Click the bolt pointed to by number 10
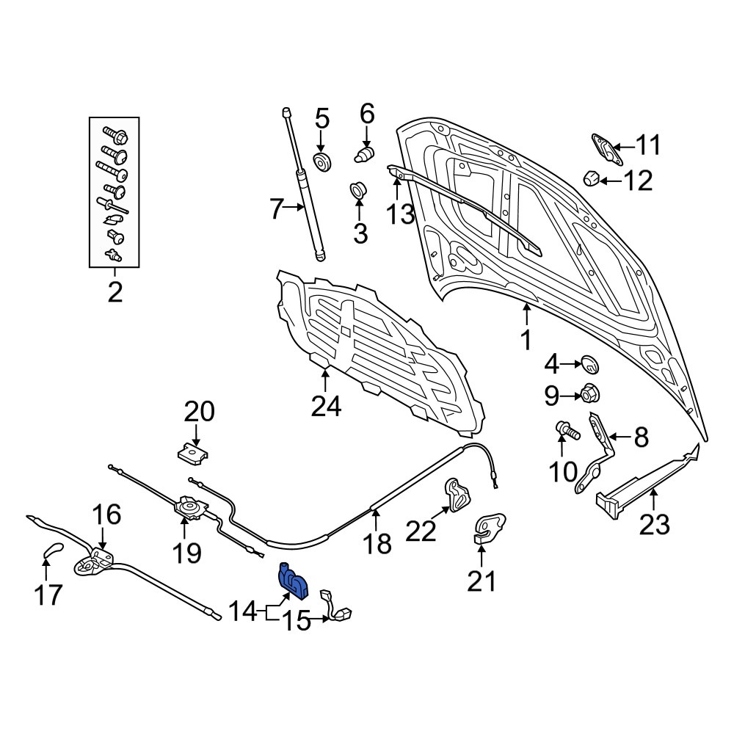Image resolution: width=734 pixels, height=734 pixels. click(x=567, y=430)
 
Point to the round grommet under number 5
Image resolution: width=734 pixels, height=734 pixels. click(x=322, y=162)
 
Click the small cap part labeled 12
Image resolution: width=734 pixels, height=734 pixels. click(x=591, y=178)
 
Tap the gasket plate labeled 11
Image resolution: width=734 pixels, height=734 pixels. click(x=607, y=149)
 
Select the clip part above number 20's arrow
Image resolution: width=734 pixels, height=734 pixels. click(x=193, y=454)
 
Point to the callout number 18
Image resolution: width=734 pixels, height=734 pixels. click(x=377, y=543)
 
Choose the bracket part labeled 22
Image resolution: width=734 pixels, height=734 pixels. click(x=457, y=495)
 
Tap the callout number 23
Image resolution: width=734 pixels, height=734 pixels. click(x=655, y=524)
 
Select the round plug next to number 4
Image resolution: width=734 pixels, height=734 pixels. click(x=590, y=365)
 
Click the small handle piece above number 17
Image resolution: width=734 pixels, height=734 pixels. click(x=53, y=548)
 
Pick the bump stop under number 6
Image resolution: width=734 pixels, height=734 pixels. click(x=365, y=154)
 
